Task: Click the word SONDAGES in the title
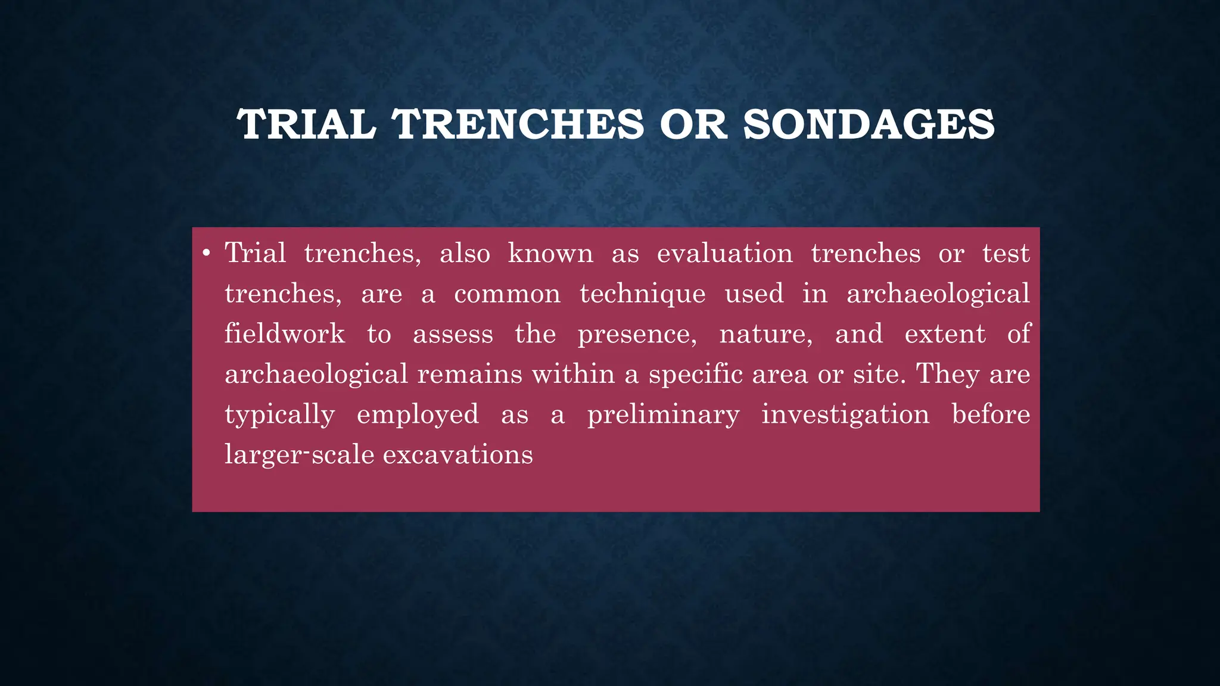pos(869,125)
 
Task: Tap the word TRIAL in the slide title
pos(306,125)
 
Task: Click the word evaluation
pos(724,254)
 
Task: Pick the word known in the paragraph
pos(550,254)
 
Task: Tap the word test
pos(1006,254)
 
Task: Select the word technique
pos(643,294)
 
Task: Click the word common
pos(507,294)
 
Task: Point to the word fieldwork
pos(285,333)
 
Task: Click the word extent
pos(945,333)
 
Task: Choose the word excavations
pos(457,455)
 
